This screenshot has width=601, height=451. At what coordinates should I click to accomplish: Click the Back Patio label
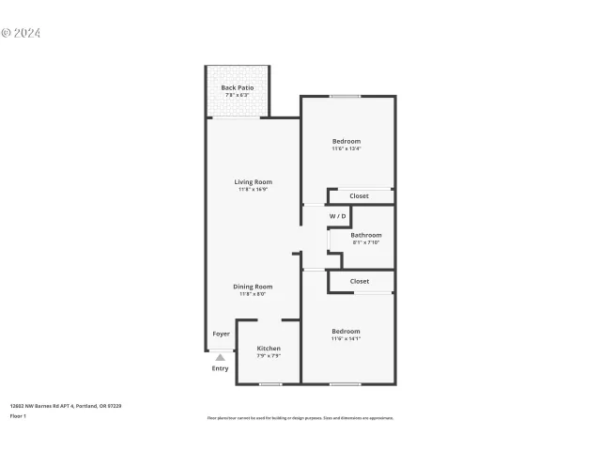tap(238, 87)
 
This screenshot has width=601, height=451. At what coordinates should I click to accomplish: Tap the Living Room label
tap(254, 181)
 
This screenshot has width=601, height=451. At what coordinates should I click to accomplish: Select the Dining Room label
tap(253, 287)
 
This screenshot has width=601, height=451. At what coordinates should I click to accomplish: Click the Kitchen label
tap(269, 348)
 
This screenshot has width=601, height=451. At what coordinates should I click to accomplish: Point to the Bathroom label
tap(366, 235)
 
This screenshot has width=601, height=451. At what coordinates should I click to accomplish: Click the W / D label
tap(338, 216)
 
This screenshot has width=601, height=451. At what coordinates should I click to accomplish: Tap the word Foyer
tap(221, 334)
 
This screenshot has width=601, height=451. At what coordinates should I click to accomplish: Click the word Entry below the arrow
tap(220, 368)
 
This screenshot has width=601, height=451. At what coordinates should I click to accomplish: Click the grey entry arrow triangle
tap(220, 357)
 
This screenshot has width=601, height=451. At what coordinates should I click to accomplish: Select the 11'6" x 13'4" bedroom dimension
tap(346, 148)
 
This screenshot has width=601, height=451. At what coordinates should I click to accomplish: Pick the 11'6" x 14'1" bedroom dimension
tap(346, 339)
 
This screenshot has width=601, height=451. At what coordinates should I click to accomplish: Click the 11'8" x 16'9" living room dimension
tap(254, 190)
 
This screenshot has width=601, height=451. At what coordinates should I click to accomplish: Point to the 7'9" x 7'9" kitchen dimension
tap(269, 356)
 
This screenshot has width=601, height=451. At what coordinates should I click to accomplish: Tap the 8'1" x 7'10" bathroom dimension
tap(366, 243)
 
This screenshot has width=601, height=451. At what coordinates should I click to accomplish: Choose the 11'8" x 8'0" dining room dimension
tap(253, 294)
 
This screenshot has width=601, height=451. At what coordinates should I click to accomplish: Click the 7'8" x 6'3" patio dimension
tap(238, 95)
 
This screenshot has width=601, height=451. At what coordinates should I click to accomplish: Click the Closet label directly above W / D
tap(360, 196)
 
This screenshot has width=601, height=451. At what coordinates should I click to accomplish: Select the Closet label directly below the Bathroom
tap(360, 281)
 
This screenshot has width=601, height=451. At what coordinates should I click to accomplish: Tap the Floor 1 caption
tap(18, 415)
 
